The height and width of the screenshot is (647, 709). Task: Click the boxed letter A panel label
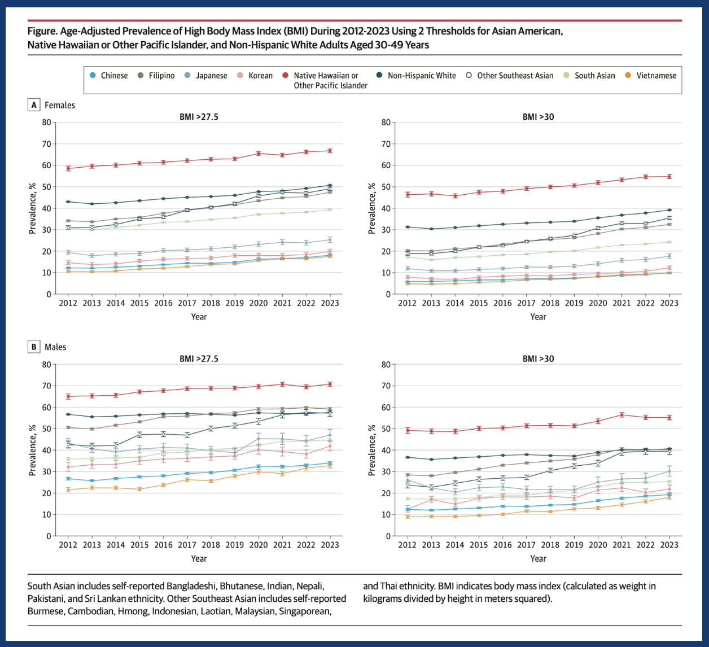[x=34, y=105]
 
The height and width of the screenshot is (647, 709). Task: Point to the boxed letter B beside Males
[x=34, y=347]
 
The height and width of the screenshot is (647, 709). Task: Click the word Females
[x=60, y=105]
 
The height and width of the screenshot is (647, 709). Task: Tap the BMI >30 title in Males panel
[x=538, y=359]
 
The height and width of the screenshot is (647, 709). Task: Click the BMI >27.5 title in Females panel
[x=199, y=117]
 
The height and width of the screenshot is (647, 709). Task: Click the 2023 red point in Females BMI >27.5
[x=330, y=151]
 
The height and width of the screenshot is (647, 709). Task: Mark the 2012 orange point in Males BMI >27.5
[x=68, y=489]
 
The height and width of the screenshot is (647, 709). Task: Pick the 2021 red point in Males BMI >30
[x=622, y=414]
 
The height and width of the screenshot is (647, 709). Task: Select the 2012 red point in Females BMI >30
[x=407, y=195]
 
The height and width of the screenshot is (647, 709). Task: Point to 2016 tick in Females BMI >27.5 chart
[x=163, y=303]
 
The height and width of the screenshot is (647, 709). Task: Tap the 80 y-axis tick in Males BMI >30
[x=386, y=364]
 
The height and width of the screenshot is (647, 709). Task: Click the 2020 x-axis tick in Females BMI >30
[x=598, y=303]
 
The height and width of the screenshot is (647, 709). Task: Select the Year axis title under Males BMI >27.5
[x=199, y=558]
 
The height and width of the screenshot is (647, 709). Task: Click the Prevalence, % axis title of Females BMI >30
[x=371, y=208]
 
